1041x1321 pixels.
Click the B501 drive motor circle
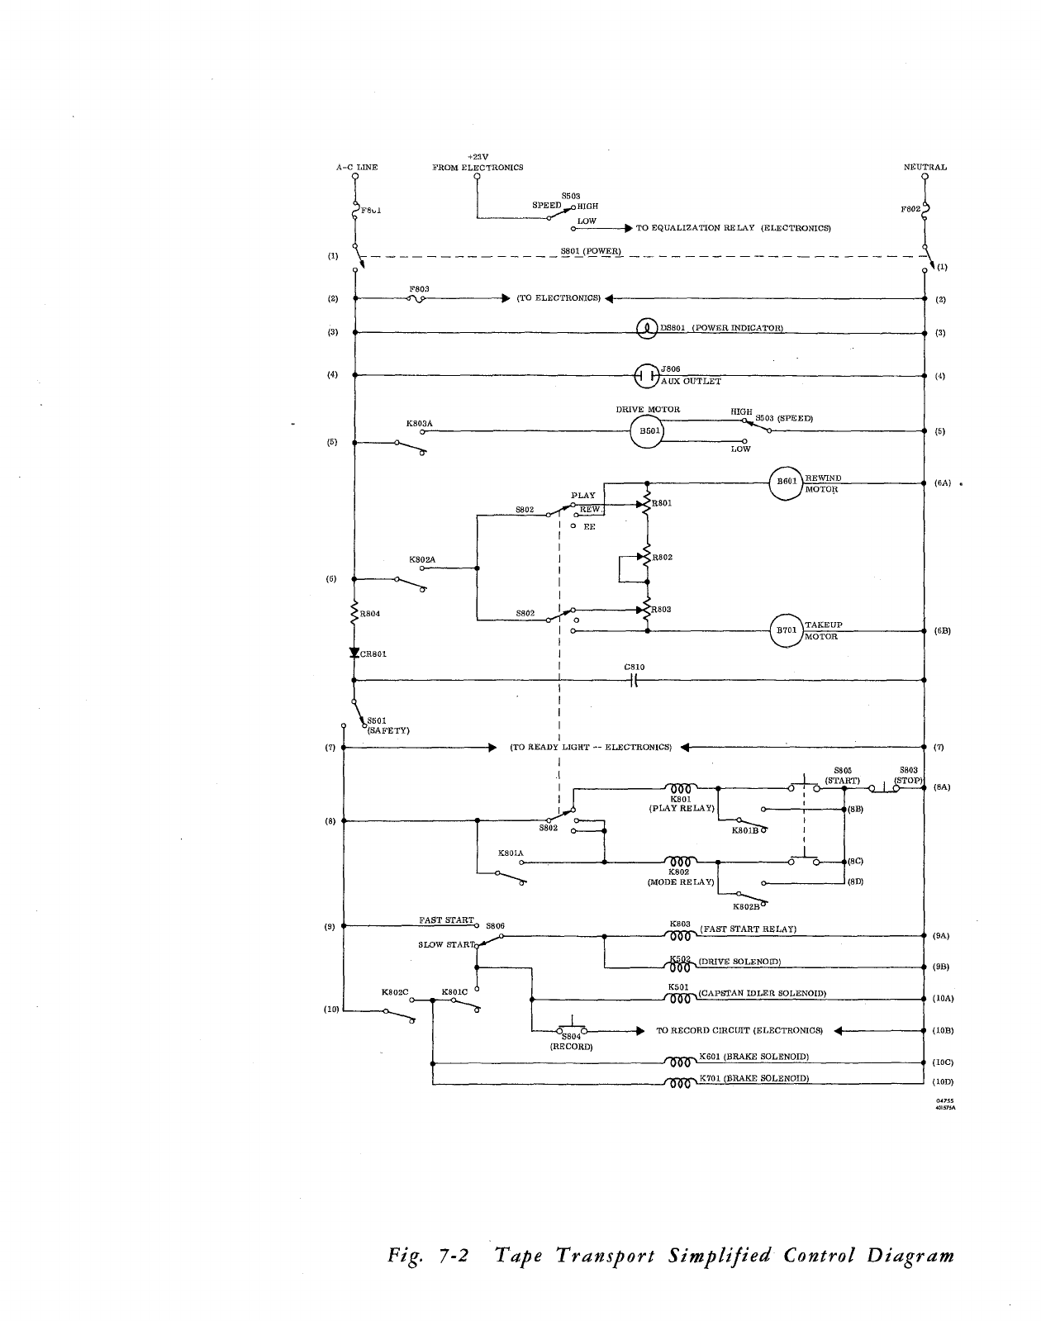(648, 431)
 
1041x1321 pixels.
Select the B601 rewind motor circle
(786, 483)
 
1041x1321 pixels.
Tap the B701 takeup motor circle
(787, 631)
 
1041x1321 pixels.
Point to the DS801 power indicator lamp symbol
(647, 329)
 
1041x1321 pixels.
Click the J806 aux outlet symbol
(646, 376)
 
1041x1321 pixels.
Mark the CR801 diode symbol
(354, 653)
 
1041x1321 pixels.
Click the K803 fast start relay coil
(680, 937)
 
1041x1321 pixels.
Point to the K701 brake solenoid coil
(680, 1084)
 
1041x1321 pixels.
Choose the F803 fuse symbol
(417, 299)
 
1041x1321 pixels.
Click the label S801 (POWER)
(591, 250)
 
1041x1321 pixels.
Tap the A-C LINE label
(357, 167)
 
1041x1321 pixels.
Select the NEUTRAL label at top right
(925, 167)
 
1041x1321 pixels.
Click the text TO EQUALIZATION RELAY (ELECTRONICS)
(733, 228)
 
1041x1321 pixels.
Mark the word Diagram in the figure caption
(910, 1256)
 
